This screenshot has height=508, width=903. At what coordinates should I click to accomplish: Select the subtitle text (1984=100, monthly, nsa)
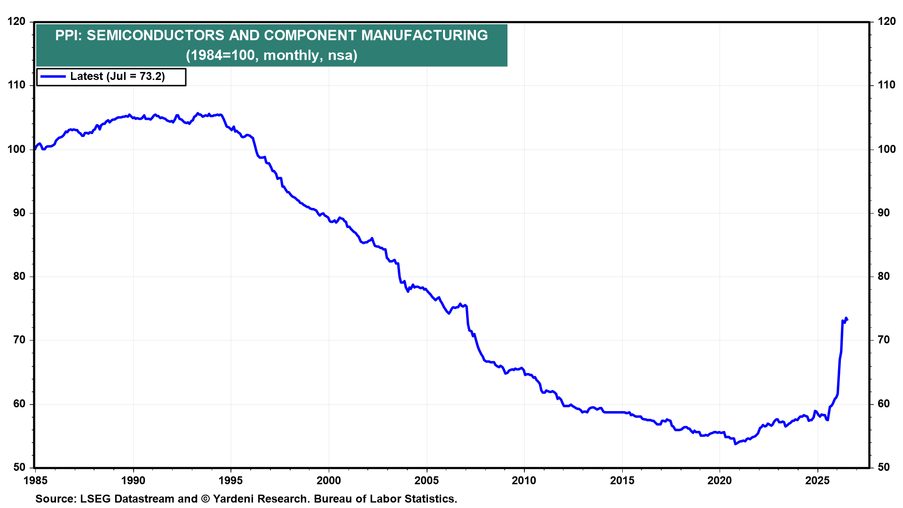(271, 56)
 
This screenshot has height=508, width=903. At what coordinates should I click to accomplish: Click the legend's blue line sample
(53, 76)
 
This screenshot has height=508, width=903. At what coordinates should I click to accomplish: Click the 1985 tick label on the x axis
(35, 480)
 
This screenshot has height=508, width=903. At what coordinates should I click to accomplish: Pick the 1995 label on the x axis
(231, 480)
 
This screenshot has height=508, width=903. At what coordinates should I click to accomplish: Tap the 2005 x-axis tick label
(427, 480)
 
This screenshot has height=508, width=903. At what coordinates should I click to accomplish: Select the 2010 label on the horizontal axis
(524, 480)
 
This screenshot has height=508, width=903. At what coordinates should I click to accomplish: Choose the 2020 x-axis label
(720, 480)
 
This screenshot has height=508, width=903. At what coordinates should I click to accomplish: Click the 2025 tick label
(817, 480)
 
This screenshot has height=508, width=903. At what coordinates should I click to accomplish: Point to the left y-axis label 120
(16, 22)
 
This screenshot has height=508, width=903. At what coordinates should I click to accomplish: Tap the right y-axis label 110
(887, 85)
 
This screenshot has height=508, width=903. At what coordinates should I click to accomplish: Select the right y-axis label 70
(884, 340)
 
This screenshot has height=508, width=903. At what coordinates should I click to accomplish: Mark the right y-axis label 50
(884, 468)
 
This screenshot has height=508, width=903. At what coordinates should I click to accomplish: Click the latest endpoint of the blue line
(848, 320)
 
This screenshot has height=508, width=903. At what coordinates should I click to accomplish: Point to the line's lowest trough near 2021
(735, 444)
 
